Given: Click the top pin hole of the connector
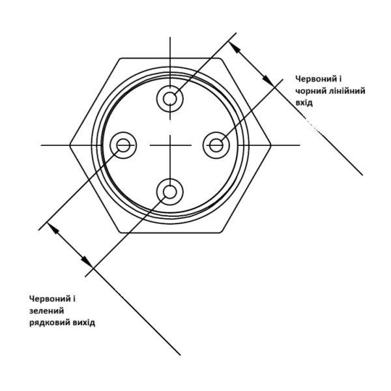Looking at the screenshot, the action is click(170, 99).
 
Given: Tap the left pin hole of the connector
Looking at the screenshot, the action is click(123, 145).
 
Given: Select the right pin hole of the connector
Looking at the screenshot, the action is click(216, 145).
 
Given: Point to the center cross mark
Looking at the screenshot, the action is click(170, 145).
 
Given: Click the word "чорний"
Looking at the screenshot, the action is click(309, 91).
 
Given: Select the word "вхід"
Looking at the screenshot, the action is click(304, 102).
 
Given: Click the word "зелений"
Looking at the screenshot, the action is click(47, 311).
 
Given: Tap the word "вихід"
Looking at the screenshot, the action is click(84, 323).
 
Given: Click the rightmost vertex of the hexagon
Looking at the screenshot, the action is click(270, 145).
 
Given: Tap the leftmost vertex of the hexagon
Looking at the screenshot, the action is click(70, 145).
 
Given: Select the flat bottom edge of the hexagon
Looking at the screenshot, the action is click(170, 233).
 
